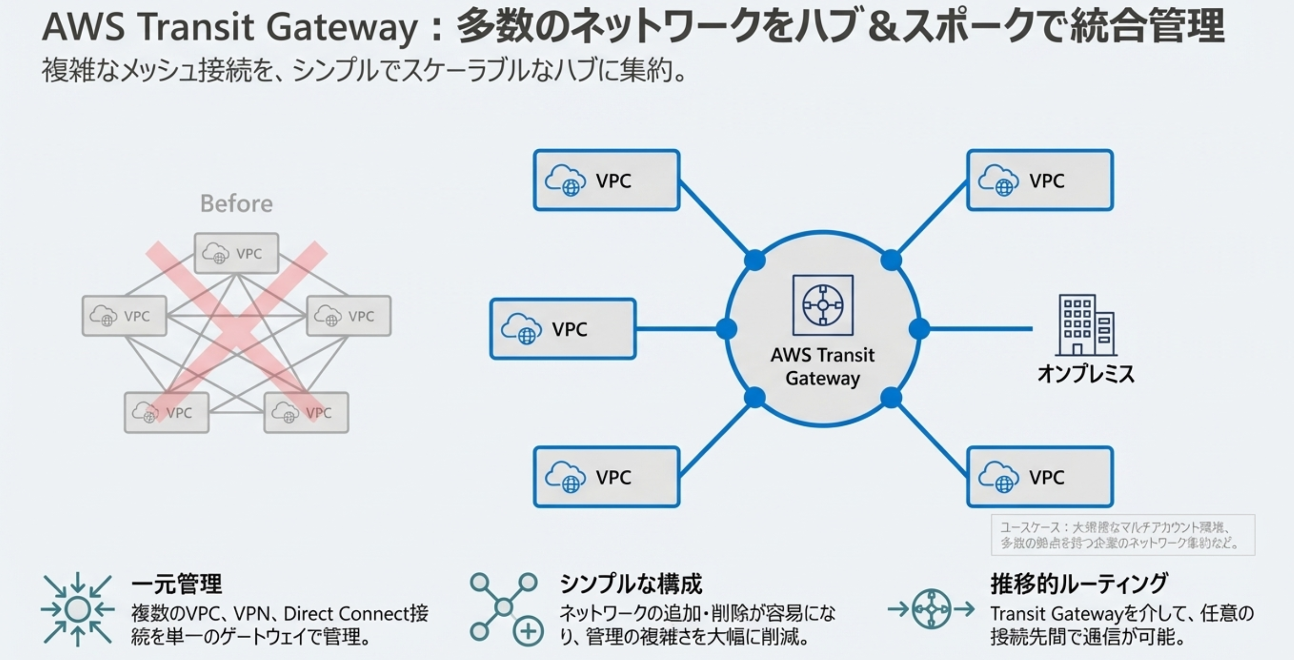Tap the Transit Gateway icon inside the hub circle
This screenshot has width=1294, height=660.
(822, 305)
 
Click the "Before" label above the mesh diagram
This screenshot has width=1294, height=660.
(237, 204)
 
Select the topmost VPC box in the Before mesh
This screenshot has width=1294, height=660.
(237, 253)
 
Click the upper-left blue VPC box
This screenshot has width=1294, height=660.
(606, 180)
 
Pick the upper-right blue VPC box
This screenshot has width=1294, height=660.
(1040, 180)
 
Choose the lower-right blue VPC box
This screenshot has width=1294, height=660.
(1040, 477)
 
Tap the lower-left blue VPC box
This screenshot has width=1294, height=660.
(606, 477)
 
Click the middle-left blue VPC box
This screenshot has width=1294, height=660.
(562, 329)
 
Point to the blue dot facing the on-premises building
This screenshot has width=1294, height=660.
(919, 329)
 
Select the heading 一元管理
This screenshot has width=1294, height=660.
(177, 584)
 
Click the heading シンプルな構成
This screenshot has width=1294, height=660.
(630, 584)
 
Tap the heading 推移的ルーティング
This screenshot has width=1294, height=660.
(1079, 584)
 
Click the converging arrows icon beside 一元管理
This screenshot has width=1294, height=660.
(77, 609)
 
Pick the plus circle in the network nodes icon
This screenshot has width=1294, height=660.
(528, 632)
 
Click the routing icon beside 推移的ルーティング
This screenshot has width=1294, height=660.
(931, 609)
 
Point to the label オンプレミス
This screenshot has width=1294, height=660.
(1086, 374)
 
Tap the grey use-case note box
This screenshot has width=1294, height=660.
(1123, 535)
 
